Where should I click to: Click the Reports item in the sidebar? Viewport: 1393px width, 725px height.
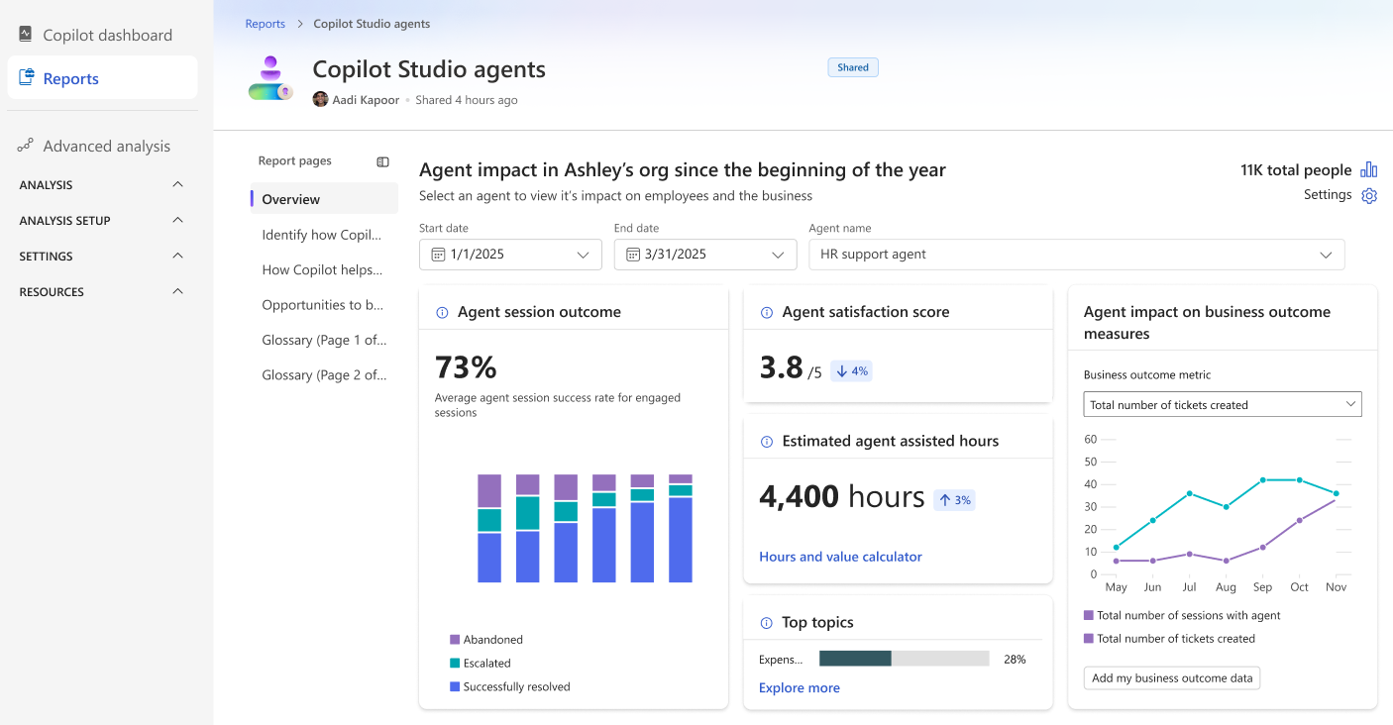click(70, 79)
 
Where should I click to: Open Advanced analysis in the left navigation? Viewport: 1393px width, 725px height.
click(106, 146)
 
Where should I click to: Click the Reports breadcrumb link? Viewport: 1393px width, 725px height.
click(265, 24)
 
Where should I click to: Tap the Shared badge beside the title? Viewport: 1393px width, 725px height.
click(853, 67)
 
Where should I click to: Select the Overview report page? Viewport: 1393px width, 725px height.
click(291, 199)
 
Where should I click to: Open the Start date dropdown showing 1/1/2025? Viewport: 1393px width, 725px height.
click(510, 255)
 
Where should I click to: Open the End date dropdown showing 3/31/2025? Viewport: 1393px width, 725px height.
click(705, 255)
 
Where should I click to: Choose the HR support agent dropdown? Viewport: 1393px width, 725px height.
click(1076, 255)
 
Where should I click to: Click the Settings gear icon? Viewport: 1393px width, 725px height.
click(1369, 196)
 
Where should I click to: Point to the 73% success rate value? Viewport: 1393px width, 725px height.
click(466, 367)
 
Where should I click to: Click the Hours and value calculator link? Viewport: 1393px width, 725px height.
click(840, 557)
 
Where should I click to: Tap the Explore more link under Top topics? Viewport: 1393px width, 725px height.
click(799, 688)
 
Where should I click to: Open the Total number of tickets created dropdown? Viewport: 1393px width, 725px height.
click(1222, 404)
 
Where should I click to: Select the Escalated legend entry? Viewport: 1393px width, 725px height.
click(486, 664)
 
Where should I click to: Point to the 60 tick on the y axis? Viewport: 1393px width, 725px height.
click(1091, 439)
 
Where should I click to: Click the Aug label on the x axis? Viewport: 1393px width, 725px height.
click(1226, 587)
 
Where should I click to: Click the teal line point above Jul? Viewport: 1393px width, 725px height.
click(1189, 493)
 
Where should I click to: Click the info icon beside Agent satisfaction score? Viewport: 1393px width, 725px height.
click(766, 313)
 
